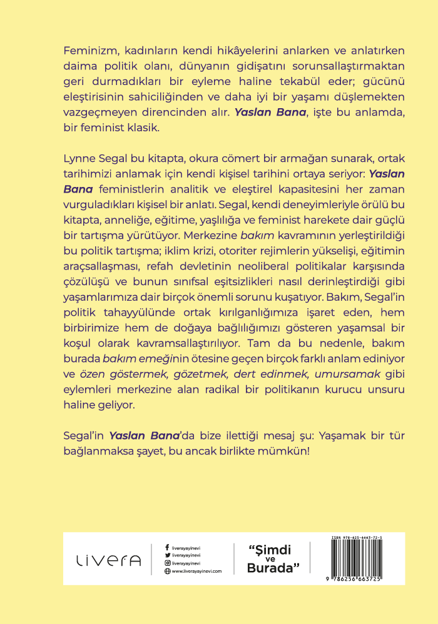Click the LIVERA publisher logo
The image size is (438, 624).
108,560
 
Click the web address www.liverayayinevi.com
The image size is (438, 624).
196,571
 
